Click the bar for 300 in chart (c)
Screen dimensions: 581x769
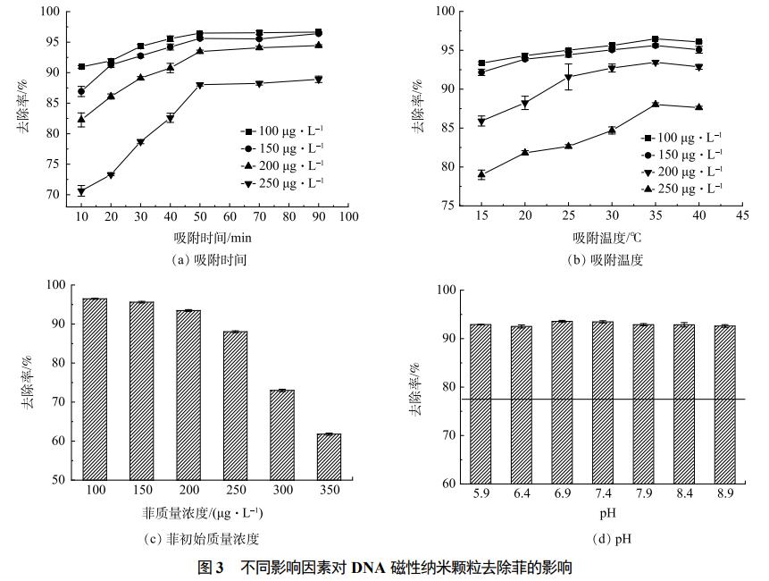[281, 434]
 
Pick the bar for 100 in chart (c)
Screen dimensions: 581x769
[95, 389]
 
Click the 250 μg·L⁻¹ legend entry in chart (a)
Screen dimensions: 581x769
[277, 182]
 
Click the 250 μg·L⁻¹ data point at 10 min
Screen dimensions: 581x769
[81, 191]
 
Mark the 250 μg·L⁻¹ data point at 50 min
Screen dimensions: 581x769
[200, 85]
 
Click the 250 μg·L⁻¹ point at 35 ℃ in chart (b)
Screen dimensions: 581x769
[655, 105]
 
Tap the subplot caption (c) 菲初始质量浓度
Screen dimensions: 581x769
[201, 538]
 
